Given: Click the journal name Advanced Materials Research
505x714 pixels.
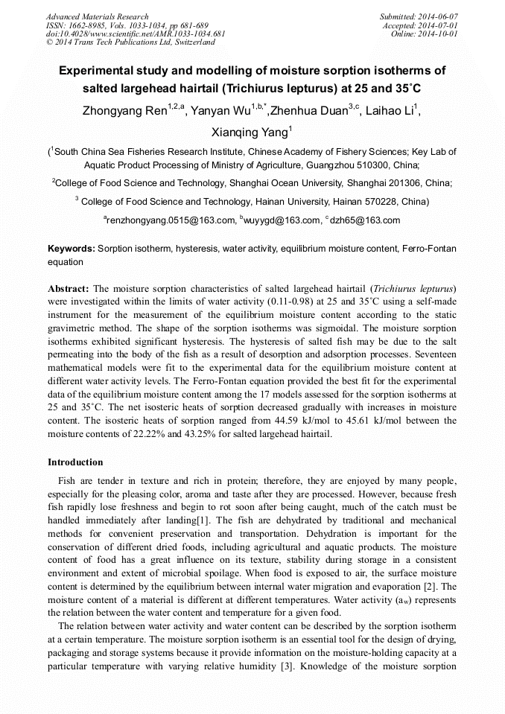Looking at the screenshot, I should [x=97, y=16].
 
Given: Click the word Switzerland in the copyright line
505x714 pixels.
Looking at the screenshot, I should [x=192, y=42].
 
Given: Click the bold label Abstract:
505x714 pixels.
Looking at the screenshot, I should [x=69, y=288].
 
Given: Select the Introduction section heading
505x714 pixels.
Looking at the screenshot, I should [x=75, y=462].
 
